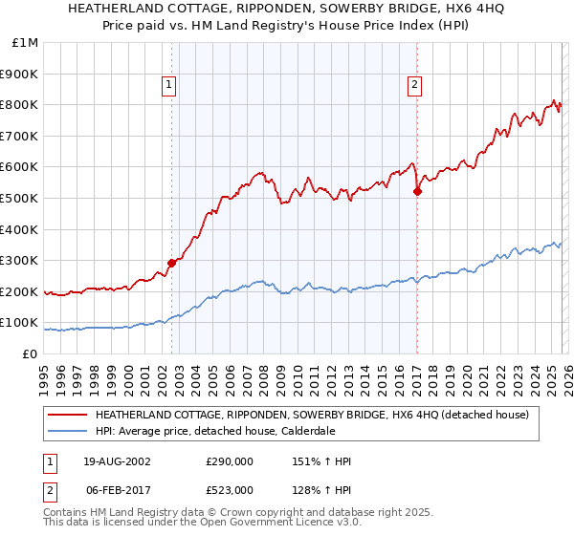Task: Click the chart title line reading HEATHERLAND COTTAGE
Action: [x=287, y=9]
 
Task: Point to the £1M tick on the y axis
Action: [x=26, y=42]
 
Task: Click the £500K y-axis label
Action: [x=20, y=198]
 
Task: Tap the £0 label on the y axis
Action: [x=30, y=353]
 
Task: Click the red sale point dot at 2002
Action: [x=172, y=263]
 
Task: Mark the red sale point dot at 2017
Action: [x=417, y=191]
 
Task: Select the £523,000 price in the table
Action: [x=230, y=490]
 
